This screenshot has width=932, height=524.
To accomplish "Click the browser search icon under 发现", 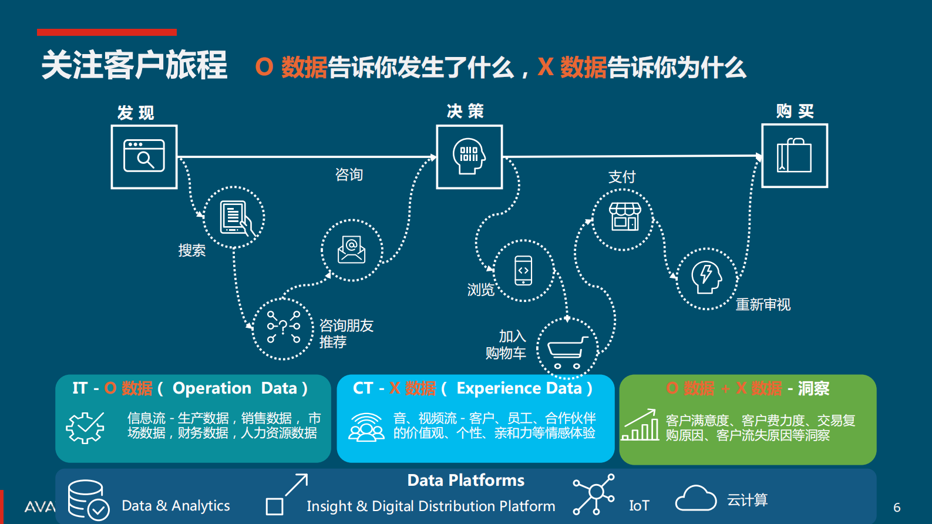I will [144, 156].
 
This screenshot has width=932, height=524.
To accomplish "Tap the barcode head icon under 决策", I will [469, 156].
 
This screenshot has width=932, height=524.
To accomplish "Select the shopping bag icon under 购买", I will [794, 156].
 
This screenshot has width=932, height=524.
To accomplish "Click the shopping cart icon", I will [567, 350].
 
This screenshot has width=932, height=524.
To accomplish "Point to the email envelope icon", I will [351, 250].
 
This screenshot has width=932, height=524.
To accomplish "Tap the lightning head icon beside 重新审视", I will [706, 278].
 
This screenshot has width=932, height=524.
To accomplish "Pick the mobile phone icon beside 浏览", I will [523, 271].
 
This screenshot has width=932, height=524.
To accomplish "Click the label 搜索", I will [192, 250].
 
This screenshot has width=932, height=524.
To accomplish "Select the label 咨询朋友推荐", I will [346, 334].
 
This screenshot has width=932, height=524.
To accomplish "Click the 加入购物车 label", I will [506, 345].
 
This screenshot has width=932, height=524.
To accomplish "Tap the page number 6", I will [897, 508].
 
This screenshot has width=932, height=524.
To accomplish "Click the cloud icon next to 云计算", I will [695, 499].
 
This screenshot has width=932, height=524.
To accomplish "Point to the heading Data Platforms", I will [466, 481].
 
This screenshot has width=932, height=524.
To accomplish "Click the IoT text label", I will [639, 506].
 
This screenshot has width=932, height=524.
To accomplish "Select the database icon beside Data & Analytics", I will [88, 500].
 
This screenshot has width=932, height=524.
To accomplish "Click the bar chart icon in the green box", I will [641, 425].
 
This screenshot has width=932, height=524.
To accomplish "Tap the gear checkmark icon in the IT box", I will [85, 427].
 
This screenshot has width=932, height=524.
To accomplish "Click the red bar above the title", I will [107, 32].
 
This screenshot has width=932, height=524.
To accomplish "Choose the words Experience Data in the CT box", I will [519, 388].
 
